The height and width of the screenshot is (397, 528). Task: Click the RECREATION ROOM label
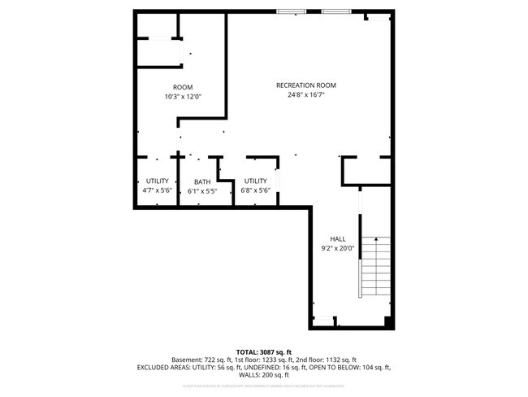[x=305, y=85]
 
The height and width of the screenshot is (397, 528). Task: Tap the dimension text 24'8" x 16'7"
[x=305, y=94]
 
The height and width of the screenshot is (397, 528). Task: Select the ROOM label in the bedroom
[x=182, y=87]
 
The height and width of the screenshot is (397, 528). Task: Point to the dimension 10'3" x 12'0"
[x=182, y=96]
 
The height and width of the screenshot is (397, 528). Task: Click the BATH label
[x=202, y=182]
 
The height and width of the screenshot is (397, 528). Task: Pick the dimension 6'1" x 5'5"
[x=202, y=191]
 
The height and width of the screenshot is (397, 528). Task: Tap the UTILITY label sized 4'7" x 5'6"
[x=157, y=181]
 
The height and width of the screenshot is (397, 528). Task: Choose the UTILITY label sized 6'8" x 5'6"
[x=255, y=181]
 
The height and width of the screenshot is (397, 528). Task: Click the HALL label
[x=338, y=239]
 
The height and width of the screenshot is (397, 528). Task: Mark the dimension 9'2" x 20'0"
[x=338, y=248]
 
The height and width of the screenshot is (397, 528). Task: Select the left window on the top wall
[x=291, y=11]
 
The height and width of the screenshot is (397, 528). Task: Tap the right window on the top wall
[x=336, y=11]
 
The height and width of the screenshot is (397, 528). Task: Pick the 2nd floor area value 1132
[x=323, y=360]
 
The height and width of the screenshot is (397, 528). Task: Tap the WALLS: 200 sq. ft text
[x=263, y=375]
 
